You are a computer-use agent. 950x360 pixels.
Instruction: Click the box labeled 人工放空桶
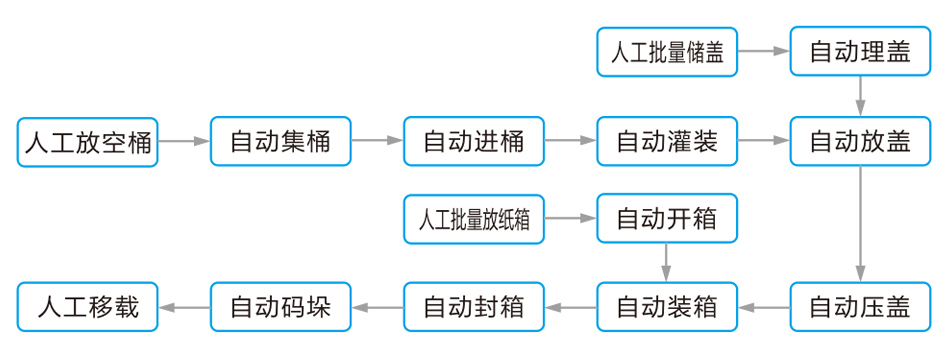coord(88,142)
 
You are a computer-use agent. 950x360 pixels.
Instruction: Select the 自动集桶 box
coord(281,142)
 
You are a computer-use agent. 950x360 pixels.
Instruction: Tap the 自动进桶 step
coord(474,142)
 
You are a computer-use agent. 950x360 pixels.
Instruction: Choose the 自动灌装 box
coord(667,142)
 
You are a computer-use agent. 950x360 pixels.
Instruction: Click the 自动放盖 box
coord(860,142)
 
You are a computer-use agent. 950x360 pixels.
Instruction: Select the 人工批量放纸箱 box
coord(474,219)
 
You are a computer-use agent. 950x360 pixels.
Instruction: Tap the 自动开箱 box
coord(667,219)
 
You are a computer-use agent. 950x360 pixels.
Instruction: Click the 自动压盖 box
coord(860,307)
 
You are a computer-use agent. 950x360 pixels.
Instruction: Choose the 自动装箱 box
coord(667,307)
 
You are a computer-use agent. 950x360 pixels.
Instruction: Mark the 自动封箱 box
coord(474,307)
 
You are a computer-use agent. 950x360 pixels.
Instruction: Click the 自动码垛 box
coord(281,307)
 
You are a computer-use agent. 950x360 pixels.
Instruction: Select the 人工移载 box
coord(88,307)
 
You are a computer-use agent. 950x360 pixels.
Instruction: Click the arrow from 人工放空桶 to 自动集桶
coord(184,142)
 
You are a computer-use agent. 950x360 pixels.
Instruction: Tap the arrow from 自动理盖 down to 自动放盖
coord(860,96)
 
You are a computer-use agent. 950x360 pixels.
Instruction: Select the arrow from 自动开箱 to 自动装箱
coord(667,263)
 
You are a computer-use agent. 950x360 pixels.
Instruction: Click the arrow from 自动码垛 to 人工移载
coord(184,307)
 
